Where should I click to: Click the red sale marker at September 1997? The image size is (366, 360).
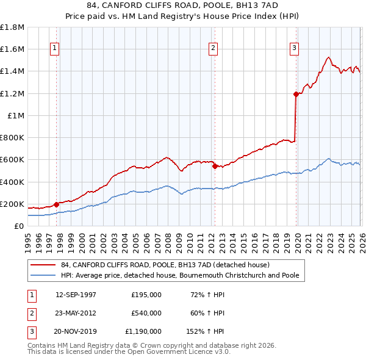click(56, 204)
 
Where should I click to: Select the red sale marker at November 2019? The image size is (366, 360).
click(296, 94)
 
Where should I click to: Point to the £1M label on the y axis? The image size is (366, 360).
click(16, 115)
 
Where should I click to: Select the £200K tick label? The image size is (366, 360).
click(12, 204)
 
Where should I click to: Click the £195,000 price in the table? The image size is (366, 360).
click(146, 295)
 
